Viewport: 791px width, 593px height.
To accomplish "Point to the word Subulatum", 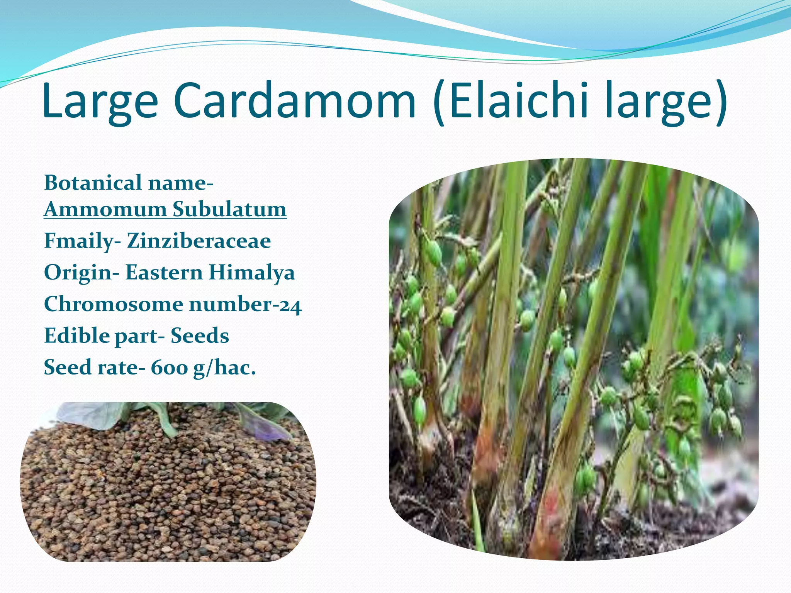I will coord(229,210).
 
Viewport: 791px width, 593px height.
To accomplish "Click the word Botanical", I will coord(93,183).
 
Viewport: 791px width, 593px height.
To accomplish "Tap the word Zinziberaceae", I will coord(199,241).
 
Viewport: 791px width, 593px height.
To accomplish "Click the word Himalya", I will coord(252,273).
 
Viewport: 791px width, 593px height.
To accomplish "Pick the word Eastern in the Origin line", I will coord(164,273).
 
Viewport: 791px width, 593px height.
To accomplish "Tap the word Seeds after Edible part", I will coord(200,336).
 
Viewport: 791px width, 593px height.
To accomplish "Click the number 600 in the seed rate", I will coord(169,368).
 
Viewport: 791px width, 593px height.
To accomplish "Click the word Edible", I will coord(76,335).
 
